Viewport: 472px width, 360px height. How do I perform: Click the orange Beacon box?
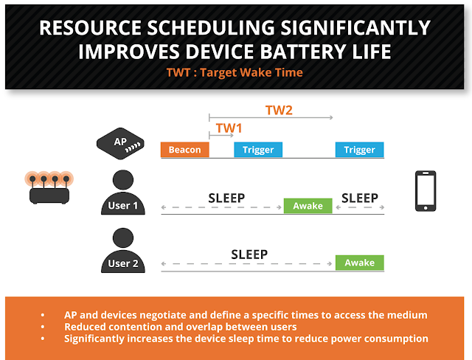pos(185,150)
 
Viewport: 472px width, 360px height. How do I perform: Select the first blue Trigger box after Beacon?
pos(258,150)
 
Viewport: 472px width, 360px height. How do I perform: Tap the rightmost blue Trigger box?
pos(360,150)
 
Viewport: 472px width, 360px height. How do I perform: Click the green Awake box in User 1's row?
pos(308,206)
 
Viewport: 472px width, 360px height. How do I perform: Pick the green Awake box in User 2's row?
pos(360,263)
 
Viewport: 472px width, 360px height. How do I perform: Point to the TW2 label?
pos(279,111)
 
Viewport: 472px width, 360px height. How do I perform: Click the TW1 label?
pos(229,128)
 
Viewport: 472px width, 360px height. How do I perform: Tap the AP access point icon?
pos(120,144)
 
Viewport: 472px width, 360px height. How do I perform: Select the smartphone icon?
pos(426,191)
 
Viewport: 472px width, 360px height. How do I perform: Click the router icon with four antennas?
pos(49,187)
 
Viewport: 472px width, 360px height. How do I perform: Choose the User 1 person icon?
pos(123,193)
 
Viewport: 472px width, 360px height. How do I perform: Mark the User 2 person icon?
pos(123,250)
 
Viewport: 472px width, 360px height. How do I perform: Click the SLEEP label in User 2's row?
pos(249,255)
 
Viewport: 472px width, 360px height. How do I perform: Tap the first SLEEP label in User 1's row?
pos(226,198)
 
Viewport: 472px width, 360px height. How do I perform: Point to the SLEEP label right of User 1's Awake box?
pos(360,198)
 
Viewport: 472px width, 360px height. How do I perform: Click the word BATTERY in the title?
pos(303,52)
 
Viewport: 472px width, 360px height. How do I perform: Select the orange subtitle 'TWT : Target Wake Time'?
pos(235,72)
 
